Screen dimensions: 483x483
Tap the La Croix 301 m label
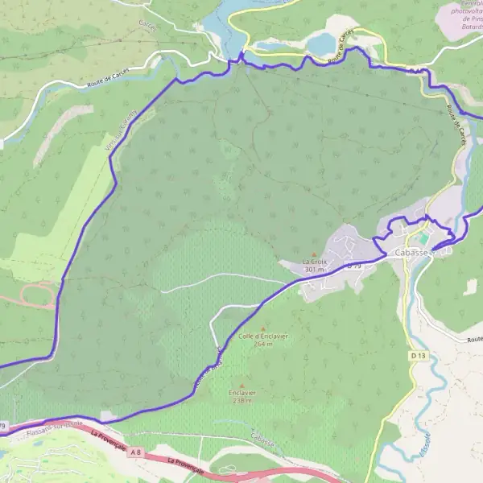[314, 266]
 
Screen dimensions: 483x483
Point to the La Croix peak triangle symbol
[314, 254]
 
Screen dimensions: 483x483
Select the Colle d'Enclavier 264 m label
[263, 340]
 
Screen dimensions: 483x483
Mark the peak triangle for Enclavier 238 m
[241, 386]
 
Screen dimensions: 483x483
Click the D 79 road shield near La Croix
[355, 266]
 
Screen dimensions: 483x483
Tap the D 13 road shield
[416, 355]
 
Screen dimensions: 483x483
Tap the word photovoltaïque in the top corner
[467, 11]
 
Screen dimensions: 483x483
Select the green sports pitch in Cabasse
[423, 239]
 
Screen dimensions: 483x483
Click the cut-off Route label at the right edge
[473, 340]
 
